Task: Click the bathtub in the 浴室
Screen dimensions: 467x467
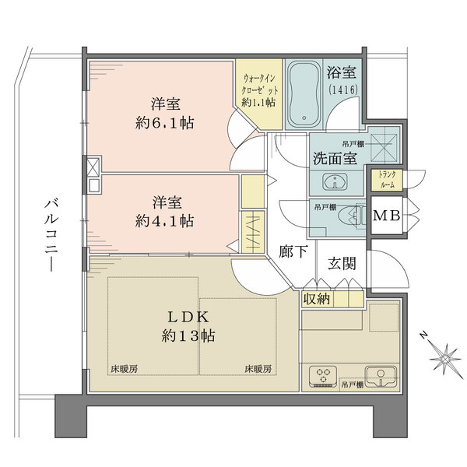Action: (304, 94)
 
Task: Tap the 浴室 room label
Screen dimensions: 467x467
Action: (342, 72)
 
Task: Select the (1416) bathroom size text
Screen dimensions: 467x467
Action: (343, 90)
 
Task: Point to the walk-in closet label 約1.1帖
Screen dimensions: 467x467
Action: (258, 103)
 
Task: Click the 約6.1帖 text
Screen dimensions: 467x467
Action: (164, 123)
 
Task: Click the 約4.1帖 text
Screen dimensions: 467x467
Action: (164, 221)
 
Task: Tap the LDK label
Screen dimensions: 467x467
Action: (188, 318)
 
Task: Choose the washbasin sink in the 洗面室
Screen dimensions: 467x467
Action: (335, 181)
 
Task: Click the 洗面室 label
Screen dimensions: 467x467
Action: (335, 158)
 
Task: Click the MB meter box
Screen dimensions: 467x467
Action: (386, 216)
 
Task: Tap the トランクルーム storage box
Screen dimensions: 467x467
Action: (387, 180)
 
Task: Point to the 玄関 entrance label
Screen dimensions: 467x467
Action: (342, 263)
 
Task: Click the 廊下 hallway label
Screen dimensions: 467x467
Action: (293, 251)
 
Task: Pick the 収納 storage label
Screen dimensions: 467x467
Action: (317, 299)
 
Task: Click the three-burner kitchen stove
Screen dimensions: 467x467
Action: (323, 377)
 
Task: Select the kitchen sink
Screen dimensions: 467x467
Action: (381, 377)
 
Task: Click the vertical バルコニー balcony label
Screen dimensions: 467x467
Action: (51, 236)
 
